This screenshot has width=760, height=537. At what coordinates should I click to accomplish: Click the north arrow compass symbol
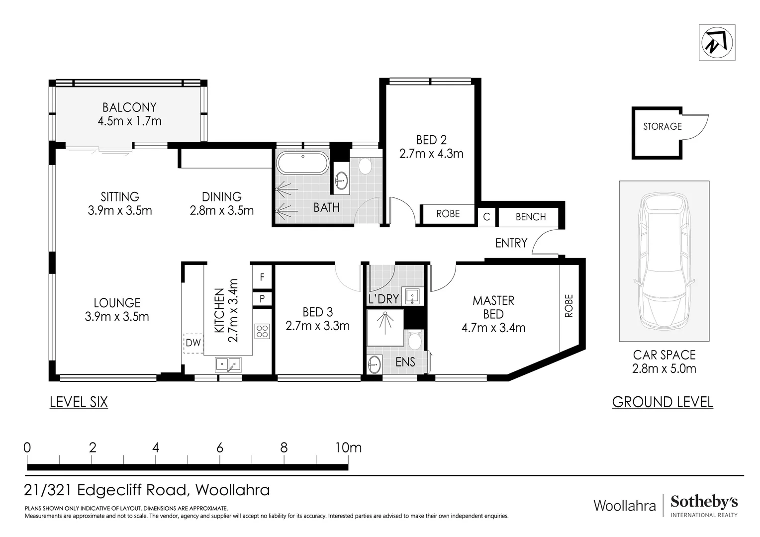pyautogui.click(x=717, y=43)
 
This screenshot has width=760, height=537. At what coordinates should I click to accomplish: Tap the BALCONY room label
pyautogui.click(x=129, y=107)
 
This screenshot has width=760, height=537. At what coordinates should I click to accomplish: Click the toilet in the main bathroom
pyautogui.click(x=366, y=166)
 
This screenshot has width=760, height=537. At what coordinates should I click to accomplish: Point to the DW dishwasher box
pyautogui.click(x=193, y=343)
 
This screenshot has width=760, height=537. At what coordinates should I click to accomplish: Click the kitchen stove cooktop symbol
pyautogui.click(x=262, y=331)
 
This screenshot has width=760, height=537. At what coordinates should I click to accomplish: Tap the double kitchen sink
pyautogui.click(x=228, y=365)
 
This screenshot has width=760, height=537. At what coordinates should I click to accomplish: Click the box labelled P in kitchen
pyautogui.click(x=262, y=299)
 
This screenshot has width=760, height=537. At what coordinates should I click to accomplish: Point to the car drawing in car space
pyautogui.click(x=664, y=261)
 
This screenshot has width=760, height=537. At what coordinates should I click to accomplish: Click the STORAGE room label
pyautogui.click(x=662, y=126)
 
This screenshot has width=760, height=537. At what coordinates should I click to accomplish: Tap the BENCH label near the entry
pyautogui.click(x=530, y=217)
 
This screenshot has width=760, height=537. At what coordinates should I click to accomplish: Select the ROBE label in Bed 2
pyautogui.click(x=448, y=214)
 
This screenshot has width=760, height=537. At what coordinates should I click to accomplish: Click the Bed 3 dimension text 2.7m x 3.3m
pyautogui.click(x=317, y=326)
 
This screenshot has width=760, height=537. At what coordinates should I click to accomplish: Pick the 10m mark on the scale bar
pyautogui.click(x=348, y=448)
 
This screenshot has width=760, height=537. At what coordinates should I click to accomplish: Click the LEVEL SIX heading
pyautogui.click(x=79, y=402)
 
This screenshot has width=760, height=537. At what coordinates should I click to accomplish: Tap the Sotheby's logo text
pyautogui.click(x=704, y=502)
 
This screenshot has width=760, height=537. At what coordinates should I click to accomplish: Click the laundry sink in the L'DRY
pyautogui.click(x=412, y=296)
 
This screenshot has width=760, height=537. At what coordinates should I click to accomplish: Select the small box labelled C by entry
pyautogui.click(x=486, y=217)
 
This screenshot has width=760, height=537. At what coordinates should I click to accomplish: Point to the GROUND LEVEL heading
pyautogui.click(x=662, y=402)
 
